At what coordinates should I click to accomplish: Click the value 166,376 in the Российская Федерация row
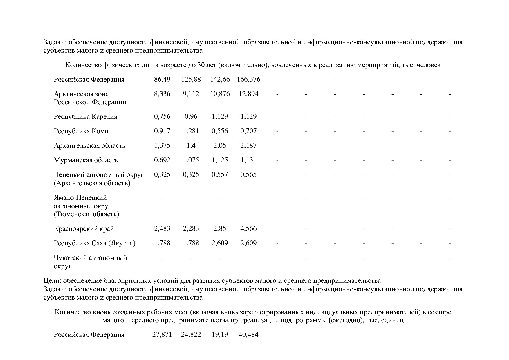[x=248, y=79]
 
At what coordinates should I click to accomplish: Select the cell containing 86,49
[x=162, y=79]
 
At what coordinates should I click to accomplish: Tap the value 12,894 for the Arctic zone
[x=248, y=94]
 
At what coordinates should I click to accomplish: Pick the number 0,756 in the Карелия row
[x=162, y=116]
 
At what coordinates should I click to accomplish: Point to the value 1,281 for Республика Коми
[x=191, y=131]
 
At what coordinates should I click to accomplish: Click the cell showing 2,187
[x=248, y=145]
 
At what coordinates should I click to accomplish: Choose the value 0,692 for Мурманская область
[x=162, y=160]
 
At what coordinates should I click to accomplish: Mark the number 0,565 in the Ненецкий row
[x=248, y=174]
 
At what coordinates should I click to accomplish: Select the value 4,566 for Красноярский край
[x=248, y=228]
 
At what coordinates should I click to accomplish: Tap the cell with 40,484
[x=248, y=334]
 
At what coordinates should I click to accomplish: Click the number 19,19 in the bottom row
[x=220, y=334]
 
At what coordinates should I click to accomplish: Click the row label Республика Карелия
[x=86, y=116]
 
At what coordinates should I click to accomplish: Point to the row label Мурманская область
[x=86, y=160]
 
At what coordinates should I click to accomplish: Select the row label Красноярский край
[x=84, y=228]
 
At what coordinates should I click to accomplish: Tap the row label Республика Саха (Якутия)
[x=95, y=243]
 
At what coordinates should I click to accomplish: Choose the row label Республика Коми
[x=81, y=131]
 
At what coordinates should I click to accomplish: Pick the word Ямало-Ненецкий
[x=80, y=198]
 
